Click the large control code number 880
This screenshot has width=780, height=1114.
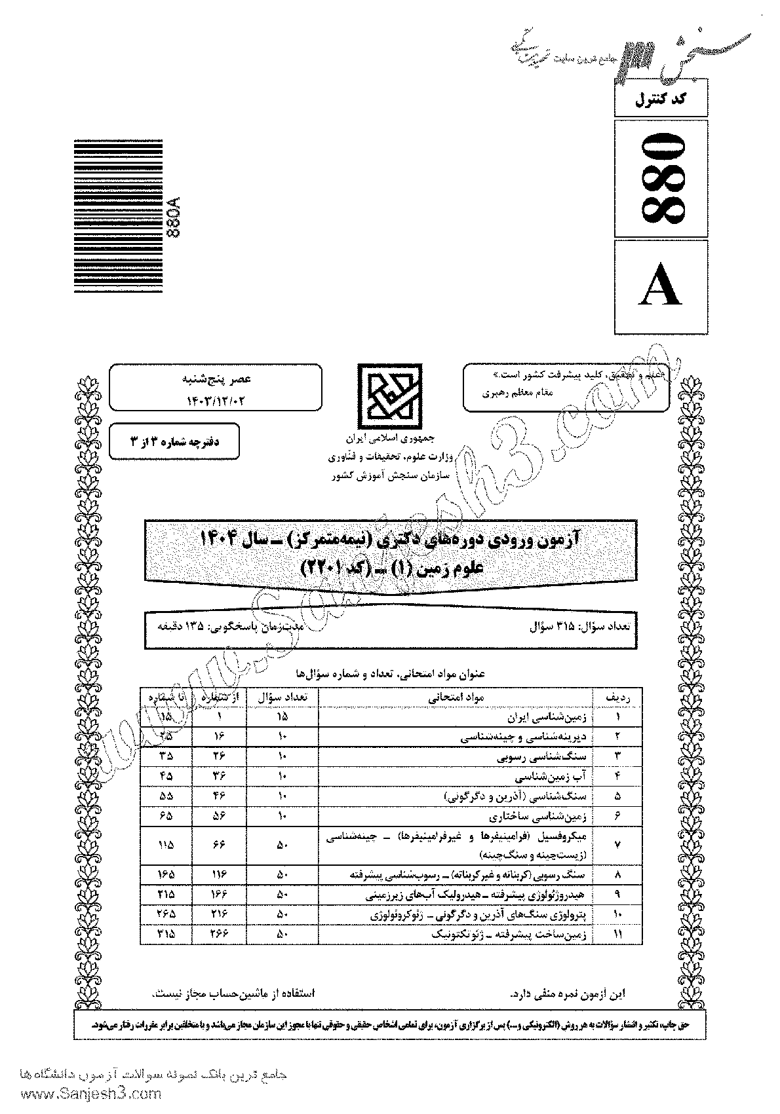tap(661, 177)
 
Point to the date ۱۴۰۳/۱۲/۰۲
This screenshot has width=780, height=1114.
tap(214, 398)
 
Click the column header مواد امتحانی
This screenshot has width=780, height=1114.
tap(456, 699)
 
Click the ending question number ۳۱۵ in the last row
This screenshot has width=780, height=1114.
tap(166, 935)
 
